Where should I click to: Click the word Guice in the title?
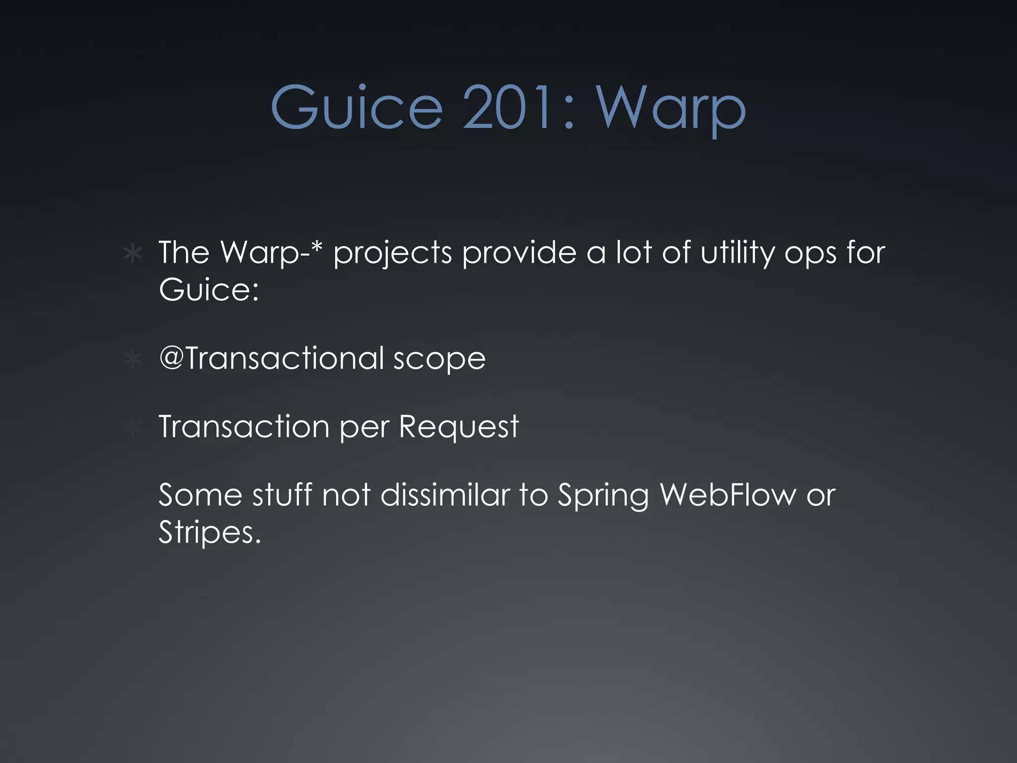[357, 107]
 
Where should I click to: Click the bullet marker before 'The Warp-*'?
[133, 254]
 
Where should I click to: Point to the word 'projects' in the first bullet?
[392, 253]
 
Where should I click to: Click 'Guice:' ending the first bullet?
[209, 289]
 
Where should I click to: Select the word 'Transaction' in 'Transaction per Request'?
[244, 426]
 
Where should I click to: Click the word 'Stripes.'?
[210, 533]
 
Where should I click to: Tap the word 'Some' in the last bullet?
[200, 495]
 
